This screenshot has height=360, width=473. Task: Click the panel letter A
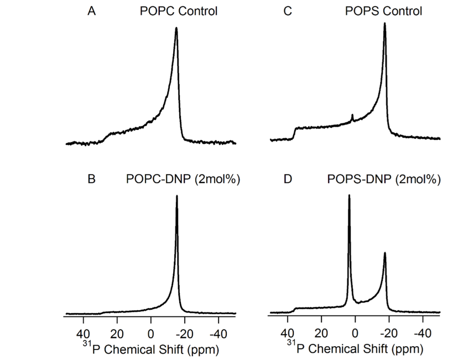92,11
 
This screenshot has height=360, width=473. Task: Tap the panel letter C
288,11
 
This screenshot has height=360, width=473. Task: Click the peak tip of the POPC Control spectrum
176,28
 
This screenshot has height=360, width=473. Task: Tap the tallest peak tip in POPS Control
384,24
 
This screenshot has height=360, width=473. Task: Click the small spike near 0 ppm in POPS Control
352,115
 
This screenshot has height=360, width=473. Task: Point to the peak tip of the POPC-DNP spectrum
176,196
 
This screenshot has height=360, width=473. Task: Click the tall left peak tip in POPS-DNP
349,195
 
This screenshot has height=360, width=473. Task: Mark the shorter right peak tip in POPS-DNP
384,253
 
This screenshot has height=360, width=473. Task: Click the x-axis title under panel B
149,349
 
